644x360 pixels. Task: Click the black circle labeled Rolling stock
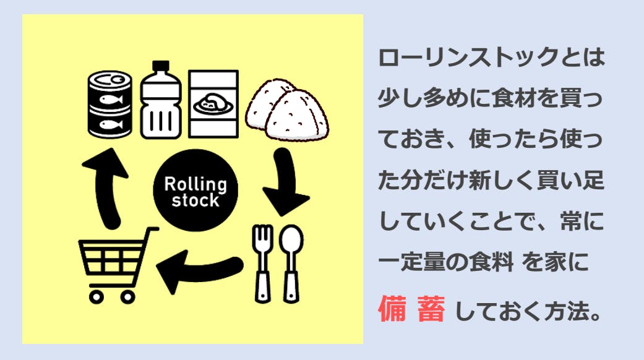coord(195,191)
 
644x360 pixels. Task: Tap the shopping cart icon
coord(114,264)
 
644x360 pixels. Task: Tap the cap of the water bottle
coord(161,66)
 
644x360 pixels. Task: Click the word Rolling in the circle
coord(195,184)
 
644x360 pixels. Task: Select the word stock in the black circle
coord(195,200)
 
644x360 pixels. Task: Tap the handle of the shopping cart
coord(148,230)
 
